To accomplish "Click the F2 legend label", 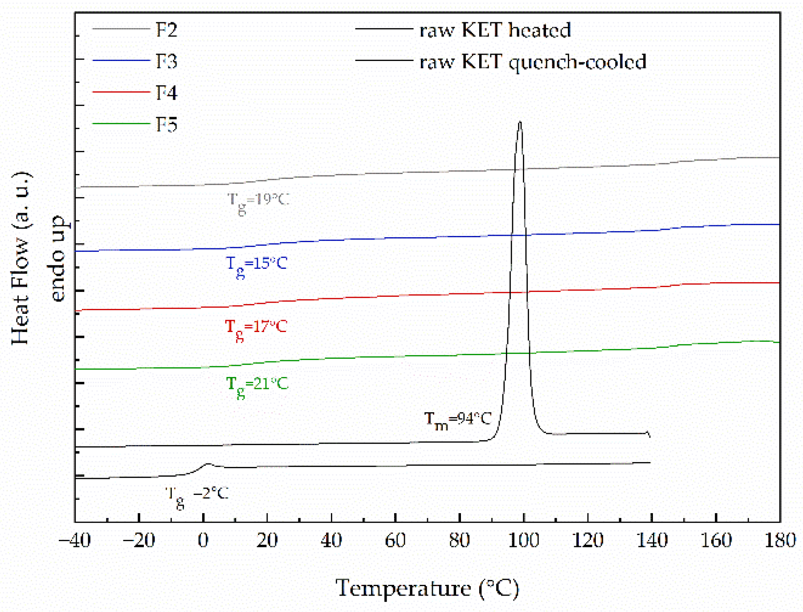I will point(167,30).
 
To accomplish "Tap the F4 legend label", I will point(167,93).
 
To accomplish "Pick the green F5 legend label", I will point(167,124).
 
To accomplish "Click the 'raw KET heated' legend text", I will point(495,30).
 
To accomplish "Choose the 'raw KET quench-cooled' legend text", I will point(533,61).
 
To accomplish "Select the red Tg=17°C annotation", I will point(256,328).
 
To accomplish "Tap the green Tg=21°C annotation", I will point(257,385).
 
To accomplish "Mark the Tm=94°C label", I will point(457,420).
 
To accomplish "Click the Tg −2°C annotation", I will point(196,495).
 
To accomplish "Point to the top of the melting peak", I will point(520,122).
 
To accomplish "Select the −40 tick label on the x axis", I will point(75,540).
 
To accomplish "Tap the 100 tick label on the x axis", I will point(524,540).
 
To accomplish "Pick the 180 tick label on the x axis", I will point(780,540).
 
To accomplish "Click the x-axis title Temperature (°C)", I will point(427,588).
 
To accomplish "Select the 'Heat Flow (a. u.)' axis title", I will point(20,258).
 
